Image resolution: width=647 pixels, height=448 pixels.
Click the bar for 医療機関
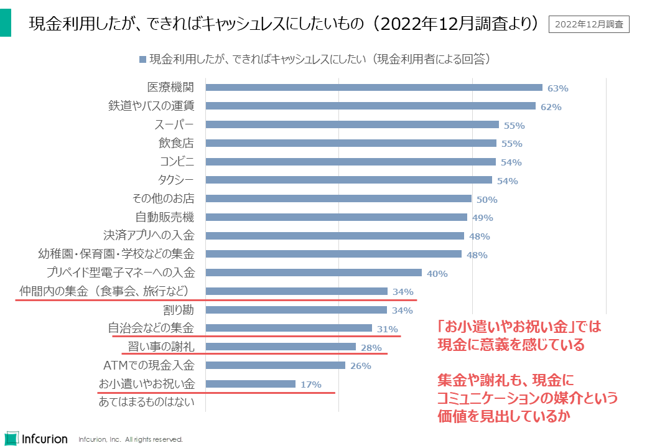click(373, 88)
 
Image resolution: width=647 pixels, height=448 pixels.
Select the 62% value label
click(551, 107)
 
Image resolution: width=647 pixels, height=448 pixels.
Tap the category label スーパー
click(174, 125)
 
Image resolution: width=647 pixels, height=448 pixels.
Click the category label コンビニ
click(177, 162)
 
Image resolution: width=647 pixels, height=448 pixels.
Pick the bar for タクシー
click(348, 180)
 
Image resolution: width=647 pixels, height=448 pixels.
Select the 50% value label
click(487, 200)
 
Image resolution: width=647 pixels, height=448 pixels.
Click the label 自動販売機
click(165, 217)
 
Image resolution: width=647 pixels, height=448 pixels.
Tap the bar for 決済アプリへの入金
click(334, 236)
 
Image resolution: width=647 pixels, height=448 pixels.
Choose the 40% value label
click(437, 273)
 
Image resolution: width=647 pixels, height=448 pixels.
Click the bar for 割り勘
click(296, 310)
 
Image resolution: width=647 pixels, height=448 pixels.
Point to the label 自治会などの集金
click(151, 328)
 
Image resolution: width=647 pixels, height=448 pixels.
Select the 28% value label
click(371, 348)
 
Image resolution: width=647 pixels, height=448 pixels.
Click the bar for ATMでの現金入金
click(275, 365)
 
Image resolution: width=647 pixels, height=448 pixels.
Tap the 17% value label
click(311, 385)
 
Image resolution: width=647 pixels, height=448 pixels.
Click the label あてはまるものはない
click(147, 402)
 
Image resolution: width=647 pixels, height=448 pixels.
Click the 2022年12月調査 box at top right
click(589, 24)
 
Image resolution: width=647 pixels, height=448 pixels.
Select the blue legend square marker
click(142, 60)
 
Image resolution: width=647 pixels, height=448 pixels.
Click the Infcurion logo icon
click(11, 437)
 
